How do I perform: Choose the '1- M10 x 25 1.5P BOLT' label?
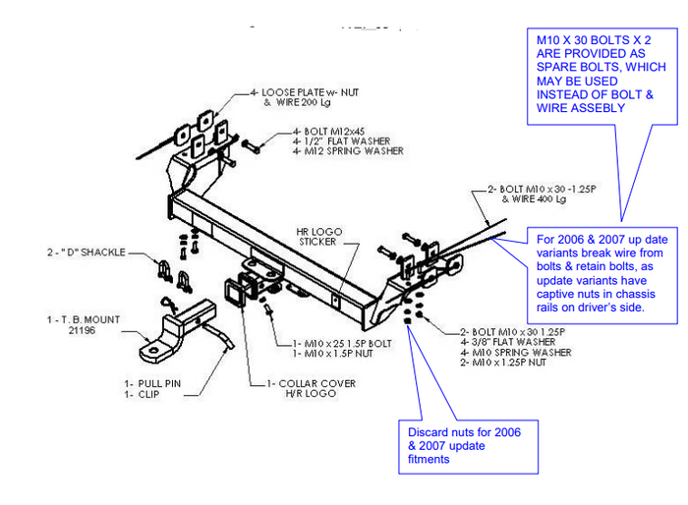(334, 344)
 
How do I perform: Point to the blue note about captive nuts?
(602, 276)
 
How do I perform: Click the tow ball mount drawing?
(177, 329)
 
